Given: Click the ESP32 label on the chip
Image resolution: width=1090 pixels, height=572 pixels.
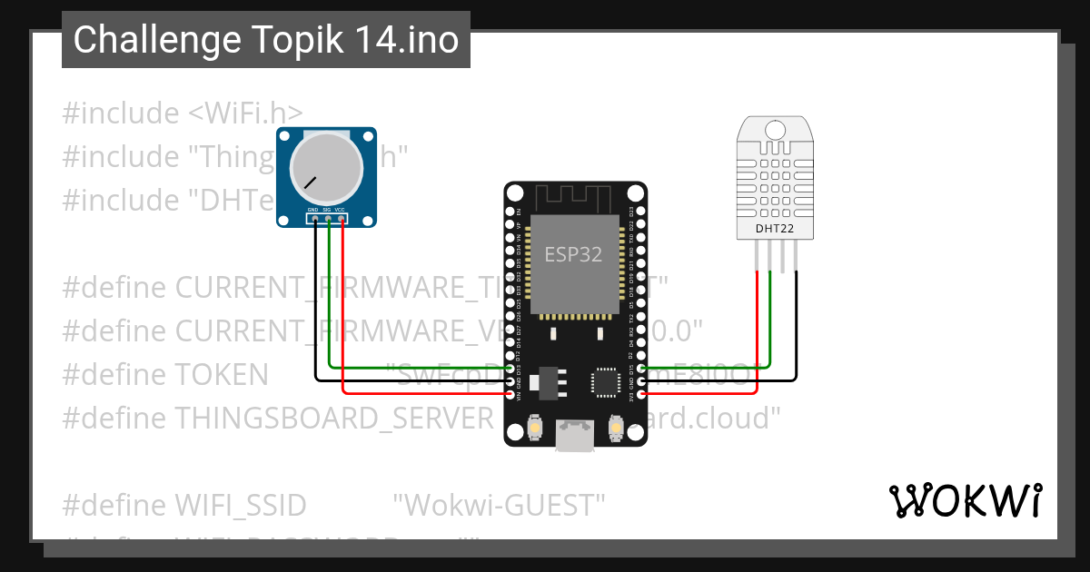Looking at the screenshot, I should pyautogui.click(x=573, y=254).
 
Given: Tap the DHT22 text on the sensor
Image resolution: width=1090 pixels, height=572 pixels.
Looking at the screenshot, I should pyautogui.click(x=775, y=228).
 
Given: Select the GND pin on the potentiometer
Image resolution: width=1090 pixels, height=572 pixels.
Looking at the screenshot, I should pyautogui.click(x=314, y=218).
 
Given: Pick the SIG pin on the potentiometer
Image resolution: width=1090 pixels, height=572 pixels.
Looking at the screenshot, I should pyautogui.click(x=328, y=218).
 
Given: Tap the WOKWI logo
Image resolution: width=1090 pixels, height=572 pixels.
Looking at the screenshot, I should pyautogui.click(x=965, y=500).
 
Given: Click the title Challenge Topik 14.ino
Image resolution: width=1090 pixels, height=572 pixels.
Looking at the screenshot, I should pyautogui.click(x=266, y=40).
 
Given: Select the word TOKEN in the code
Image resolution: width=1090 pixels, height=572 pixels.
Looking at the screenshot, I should pyautogui.click(x=222, y=374).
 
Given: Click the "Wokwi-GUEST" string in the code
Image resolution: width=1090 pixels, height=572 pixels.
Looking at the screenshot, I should pyautogui.click(x=499, y=504).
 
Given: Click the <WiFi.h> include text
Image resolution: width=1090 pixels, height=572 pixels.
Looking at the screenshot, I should pyautogui.click(x=246, y=113).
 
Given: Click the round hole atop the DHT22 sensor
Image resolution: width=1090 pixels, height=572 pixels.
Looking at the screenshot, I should pyautogui.click(x=775, y=129).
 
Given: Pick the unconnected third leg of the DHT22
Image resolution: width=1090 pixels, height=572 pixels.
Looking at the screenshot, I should pyautogui.click(x=784, y=258).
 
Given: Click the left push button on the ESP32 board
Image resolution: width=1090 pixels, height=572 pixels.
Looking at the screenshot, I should pyautogui.click(x=535, y=428).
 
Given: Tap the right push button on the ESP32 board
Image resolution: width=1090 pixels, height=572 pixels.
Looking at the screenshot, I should pyautogui.click(x=616, y=428).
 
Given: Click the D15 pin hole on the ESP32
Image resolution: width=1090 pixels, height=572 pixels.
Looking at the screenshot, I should pyautogui.click(x=642, y=369).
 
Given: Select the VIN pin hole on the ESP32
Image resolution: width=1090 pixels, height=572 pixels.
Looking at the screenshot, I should pyautogui.click(x=510, y=395).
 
